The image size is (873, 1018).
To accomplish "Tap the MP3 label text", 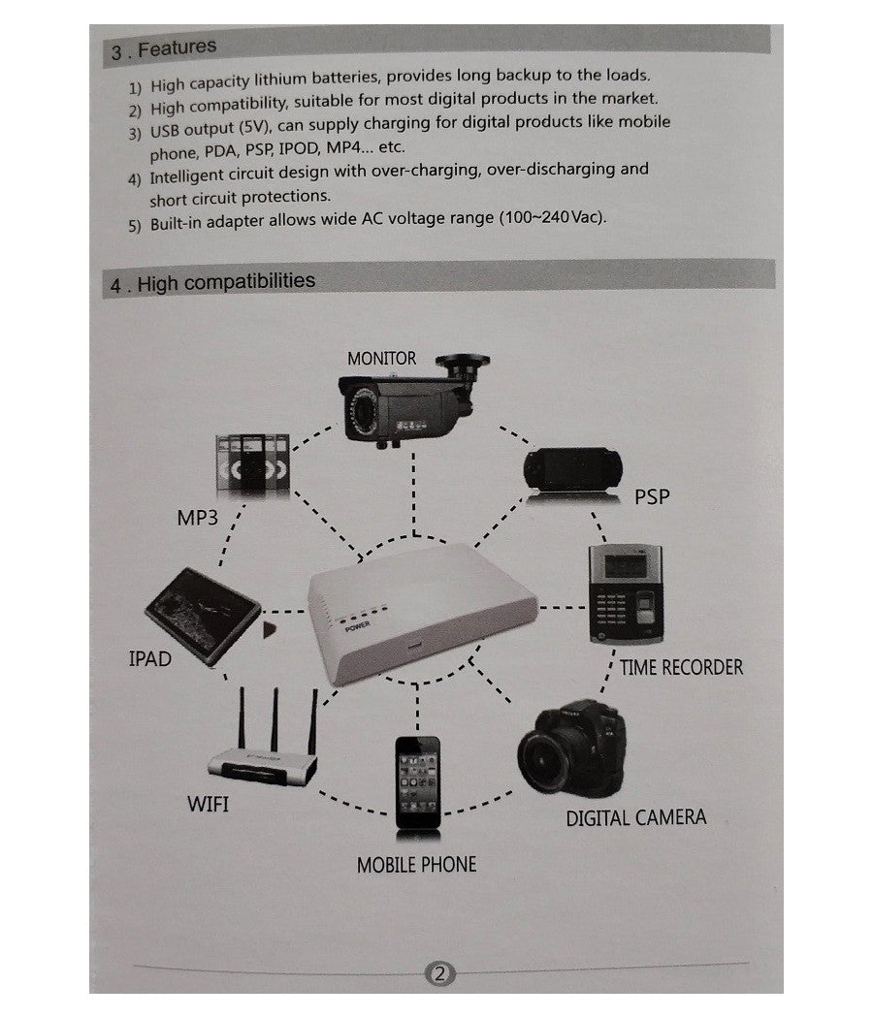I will [198, 518].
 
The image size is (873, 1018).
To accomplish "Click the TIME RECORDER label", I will [681, 668].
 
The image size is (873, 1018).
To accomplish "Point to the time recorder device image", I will [624, 593].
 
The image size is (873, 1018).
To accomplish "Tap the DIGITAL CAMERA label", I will [635, 817].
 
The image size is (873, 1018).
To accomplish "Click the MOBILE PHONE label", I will [416, 864].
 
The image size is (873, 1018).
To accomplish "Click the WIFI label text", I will [208, 804].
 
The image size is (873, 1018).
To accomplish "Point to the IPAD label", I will [149, 659].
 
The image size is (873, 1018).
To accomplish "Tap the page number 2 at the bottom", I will [439, 972].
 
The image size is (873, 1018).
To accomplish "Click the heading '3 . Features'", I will [164, 48].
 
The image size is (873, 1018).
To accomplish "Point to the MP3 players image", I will [251, 461].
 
